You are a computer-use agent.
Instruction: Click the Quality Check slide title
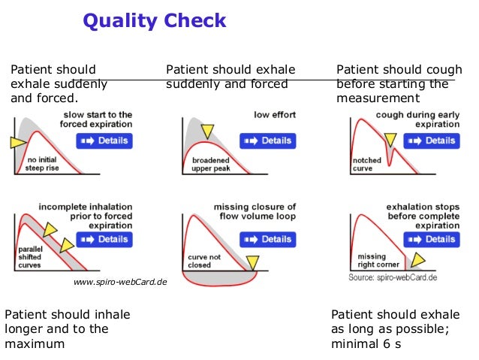[x=154, y=20]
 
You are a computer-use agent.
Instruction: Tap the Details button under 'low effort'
[x=268, y=141]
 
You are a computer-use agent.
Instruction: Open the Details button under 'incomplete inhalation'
[x=105, y=239]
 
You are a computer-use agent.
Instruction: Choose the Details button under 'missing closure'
[x=268, y=239]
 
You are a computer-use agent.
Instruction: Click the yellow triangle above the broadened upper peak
[x=207, y=131]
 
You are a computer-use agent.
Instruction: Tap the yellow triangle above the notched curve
[x=389, y=138]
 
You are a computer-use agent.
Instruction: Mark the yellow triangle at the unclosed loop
[x=252, y=262]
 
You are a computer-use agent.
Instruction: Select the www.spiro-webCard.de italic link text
[x=119, y=283]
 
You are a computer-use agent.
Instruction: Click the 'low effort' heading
[x=275, y=115]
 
